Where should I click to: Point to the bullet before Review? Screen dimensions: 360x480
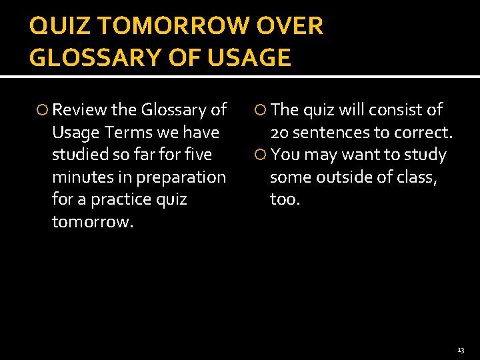tap(44, 110)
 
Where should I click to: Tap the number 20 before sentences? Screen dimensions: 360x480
tap(279, 132)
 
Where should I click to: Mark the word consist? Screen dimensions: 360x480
tap(393, 109)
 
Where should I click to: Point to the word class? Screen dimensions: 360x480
tap(416, 177)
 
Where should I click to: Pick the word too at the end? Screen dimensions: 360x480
tap(285, 199)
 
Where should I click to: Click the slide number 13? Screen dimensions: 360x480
tap(461, 350)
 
